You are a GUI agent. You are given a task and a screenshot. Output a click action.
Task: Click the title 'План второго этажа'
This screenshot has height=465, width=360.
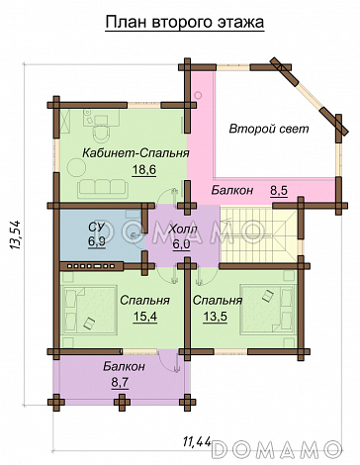point(185,23)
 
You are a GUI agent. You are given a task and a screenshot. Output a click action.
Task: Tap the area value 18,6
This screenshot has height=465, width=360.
point(143,170)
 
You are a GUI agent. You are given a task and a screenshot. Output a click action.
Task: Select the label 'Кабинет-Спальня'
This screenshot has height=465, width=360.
point(135,153)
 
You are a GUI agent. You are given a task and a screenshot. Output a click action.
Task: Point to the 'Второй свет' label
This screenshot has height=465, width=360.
point(269,129)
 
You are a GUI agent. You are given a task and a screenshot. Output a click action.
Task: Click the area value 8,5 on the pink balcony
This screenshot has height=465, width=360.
point(279,190)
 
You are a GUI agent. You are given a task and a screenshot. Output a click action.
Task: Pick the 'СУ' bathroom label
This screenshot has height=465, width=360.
point(96,227)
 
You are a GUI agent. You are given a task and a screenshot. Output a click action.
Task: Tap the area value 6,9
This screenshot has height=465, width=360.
point(96,241)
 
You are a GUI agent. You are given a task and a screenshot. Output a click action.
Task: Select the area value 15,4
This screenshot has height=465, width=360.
point(145,317)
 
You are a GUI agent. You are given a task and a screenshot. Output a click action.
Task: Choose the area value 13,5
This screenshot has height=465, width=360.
point(215,317)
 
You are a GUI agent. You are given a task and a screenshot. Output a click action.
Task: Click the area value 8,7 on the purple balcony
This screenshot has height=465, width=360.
point(120,383)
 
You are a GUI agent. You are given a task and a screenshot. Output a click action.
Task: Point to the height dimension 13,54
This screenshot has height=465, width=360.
point(16,234)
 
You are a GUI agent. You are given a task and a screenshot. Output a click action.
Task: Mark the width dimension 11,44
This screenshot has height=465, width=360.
point(197,441)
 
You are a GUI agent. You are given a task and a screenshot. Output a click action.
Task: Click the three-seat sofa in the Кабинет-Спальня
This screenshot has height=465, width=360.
point(102,189)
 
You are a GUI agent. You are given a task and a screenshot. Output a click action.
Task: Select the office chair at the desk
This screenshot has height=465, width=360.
point(101,134)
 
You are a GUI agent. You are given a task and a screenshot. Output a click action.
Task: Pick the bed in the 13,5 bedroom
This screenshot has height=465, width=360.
point(267,310)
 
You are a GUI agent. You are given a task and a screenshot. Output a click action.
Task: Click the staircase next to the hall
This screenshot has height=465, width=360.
point(259,235)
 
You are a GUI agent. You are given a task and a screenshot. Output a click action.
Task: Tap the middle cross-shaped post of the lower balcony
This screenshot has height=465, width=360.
point(122,402)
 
